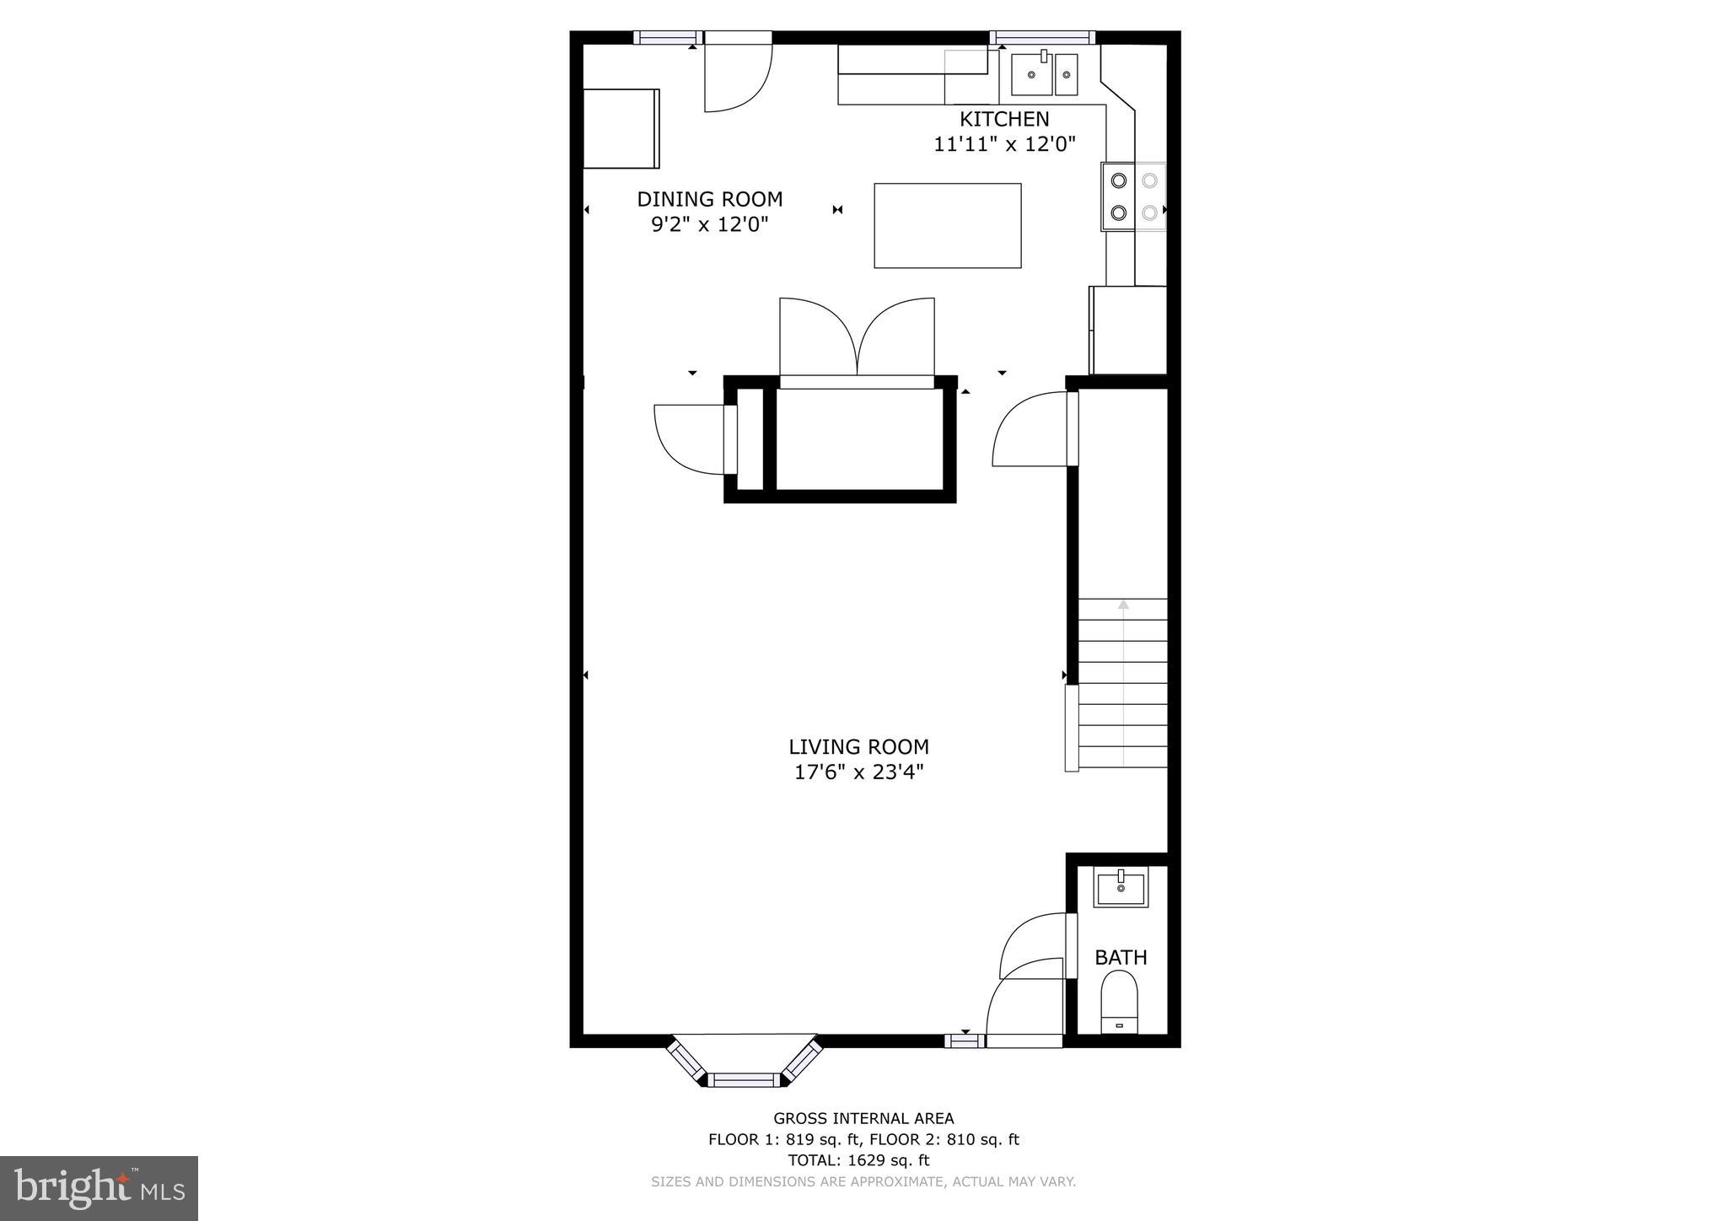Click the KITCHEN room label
1004,119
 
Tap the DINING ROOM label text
709,199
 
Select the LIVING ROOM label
858,746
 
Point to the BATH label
1121,957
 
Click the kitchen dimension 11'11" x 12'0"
1004,144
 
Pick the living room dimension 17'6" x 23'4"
858,772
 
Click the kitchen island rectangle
947,225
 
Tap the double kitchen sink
1044,74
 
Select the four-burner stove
1133,196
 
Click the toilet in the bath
1119,1001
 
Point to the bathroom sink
1121,888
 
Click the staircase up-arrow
1123,605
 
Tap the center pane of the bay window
744,1079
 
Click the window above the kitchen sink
1042,37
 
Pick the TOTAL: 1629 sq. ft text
858,1160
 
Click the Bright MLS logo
99,1188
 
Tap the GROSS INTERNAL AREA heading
863,1118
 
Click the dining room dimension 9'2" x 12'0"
709,224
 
